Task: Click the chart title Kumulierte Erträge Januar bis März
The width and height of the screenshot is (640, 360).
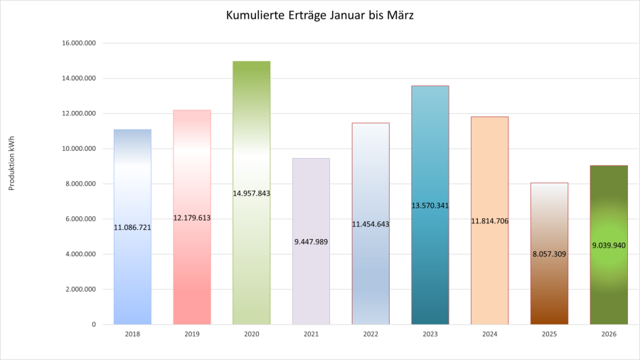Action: tap(319, 16)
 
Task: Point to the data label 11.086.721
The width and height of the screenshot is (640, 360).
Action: tap(132, 228)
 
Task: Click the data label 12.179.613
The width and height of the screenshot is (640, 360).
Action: tap(192, 218)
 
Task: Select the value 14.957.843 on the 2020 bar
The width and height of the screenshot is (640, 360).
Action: tap(251, 193)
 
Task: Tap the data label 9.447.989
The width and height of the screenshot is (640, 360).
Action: tap(311, 242)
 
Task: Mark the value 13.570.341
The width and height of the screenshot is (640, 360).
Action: tap(430, 206)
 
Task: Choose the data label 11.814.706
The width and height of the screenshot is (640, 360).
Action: tap(489, 221)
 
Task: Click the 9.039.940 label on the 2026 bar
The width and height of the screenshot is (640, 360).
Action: tap(609, 245)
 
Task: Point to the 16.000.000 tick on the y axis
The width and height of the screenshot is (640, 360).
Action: tap(79, 43)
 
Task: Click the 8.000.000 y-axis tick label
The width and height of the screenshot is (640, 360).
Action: tap(80, 184)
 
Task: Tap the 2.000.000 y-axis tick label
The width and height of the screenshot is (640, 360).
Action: tap(80, 290)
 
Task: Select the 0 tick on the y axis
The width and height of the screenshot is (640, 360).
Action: tap(94, 324)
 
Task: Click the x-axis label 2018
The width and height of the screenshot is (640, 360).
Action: tap(132, 334)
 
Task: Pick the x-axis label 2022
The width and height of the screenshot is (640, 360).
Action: tap(370, 334)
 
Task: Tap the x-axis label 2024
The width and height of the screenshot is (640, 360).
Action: tap(489, 334)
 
